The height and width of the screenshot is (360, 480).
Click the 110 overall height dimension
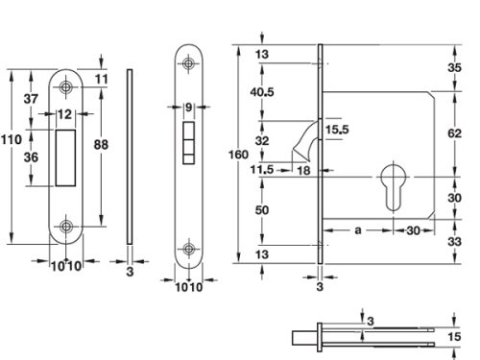pos(12,140)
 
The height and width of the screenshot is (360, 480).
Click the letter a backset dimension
pos(358,230)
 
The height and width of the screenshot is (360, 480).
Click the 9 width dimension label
pos(188,107)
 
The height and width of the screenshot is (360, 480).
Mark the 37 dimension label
pos(31,98)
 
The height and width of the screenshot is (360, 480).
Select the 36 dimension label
pos(31,157)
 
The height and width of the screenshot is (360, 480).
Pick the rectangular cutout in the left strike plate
pos(66,156)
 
